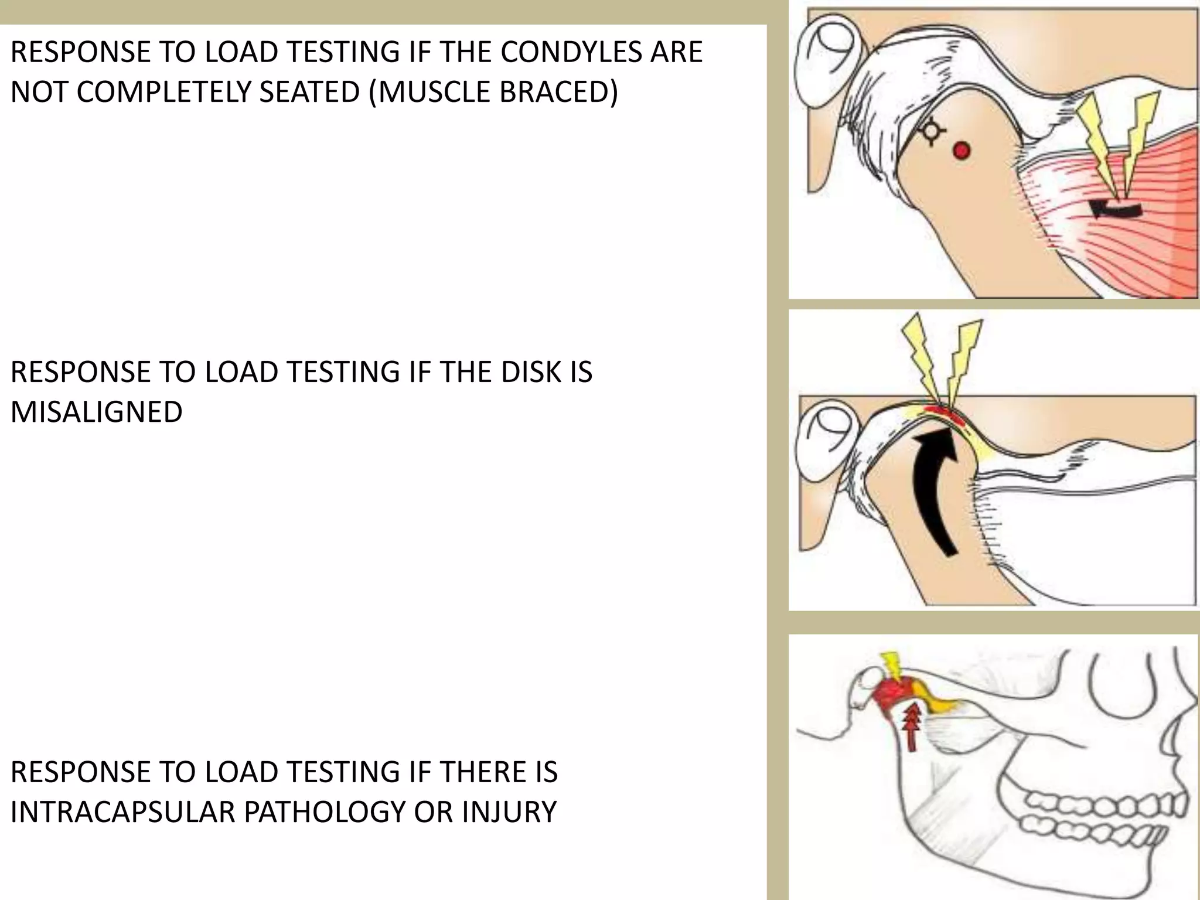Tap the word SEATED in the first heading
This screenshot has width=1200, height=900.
(309, 93)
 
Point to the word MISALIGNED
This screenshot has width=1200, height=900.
(97, 412)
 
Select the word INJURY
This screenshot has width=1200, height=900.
(509, 812)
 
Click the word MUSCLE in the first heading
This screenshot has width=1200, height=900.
(432, 93)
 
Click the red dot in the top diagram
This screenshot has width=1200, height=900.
(961, 151)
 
